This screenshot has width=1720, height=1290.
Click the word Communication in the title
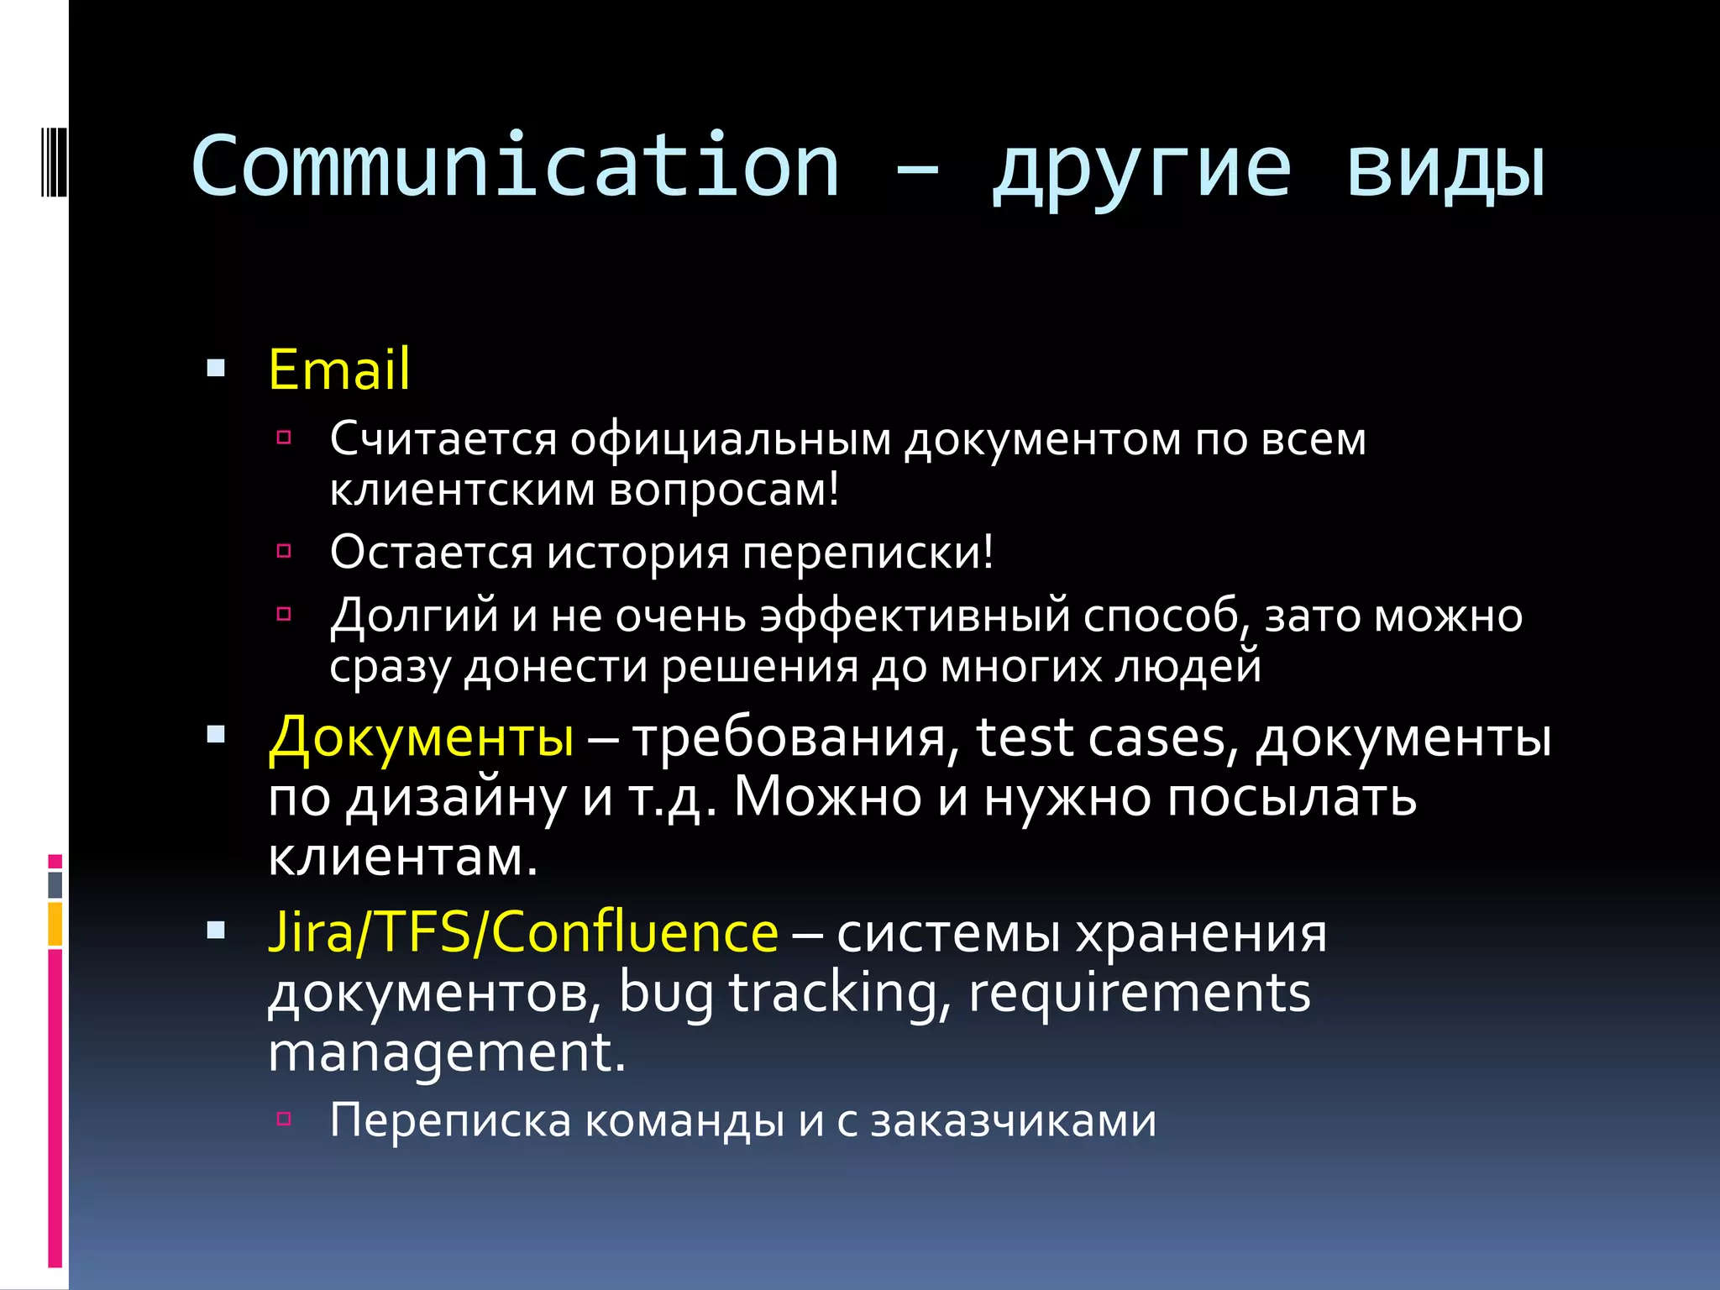(515, 166)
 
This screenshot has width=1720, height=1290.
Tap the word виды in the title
(1445, 168)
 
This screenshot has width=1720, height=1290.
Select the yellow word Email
(339, 370)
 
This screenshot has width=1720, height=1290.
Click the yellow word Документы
(422, 737)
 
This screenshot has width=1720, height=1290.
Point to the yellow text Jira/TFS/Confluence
(523, 932)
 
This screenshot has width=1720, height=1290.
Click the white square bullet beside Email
(216, 368)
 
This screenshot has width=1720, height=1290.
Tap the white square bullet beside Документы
(216, 736)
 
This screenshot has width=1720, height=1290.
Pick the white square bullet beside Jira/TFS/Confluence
(216, 930)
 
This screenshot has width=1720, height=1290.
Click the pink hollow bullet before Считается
(284, 437)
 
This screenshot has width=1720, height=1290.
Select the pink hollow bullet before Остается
(284, 551)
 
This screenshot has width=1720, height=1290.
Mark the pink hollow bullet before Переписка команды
(284, 1118)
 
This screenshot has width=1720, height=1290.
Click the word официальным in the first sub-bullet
(731, 439)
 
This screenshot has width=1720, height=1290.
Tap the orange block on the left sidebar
(55, 924)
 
